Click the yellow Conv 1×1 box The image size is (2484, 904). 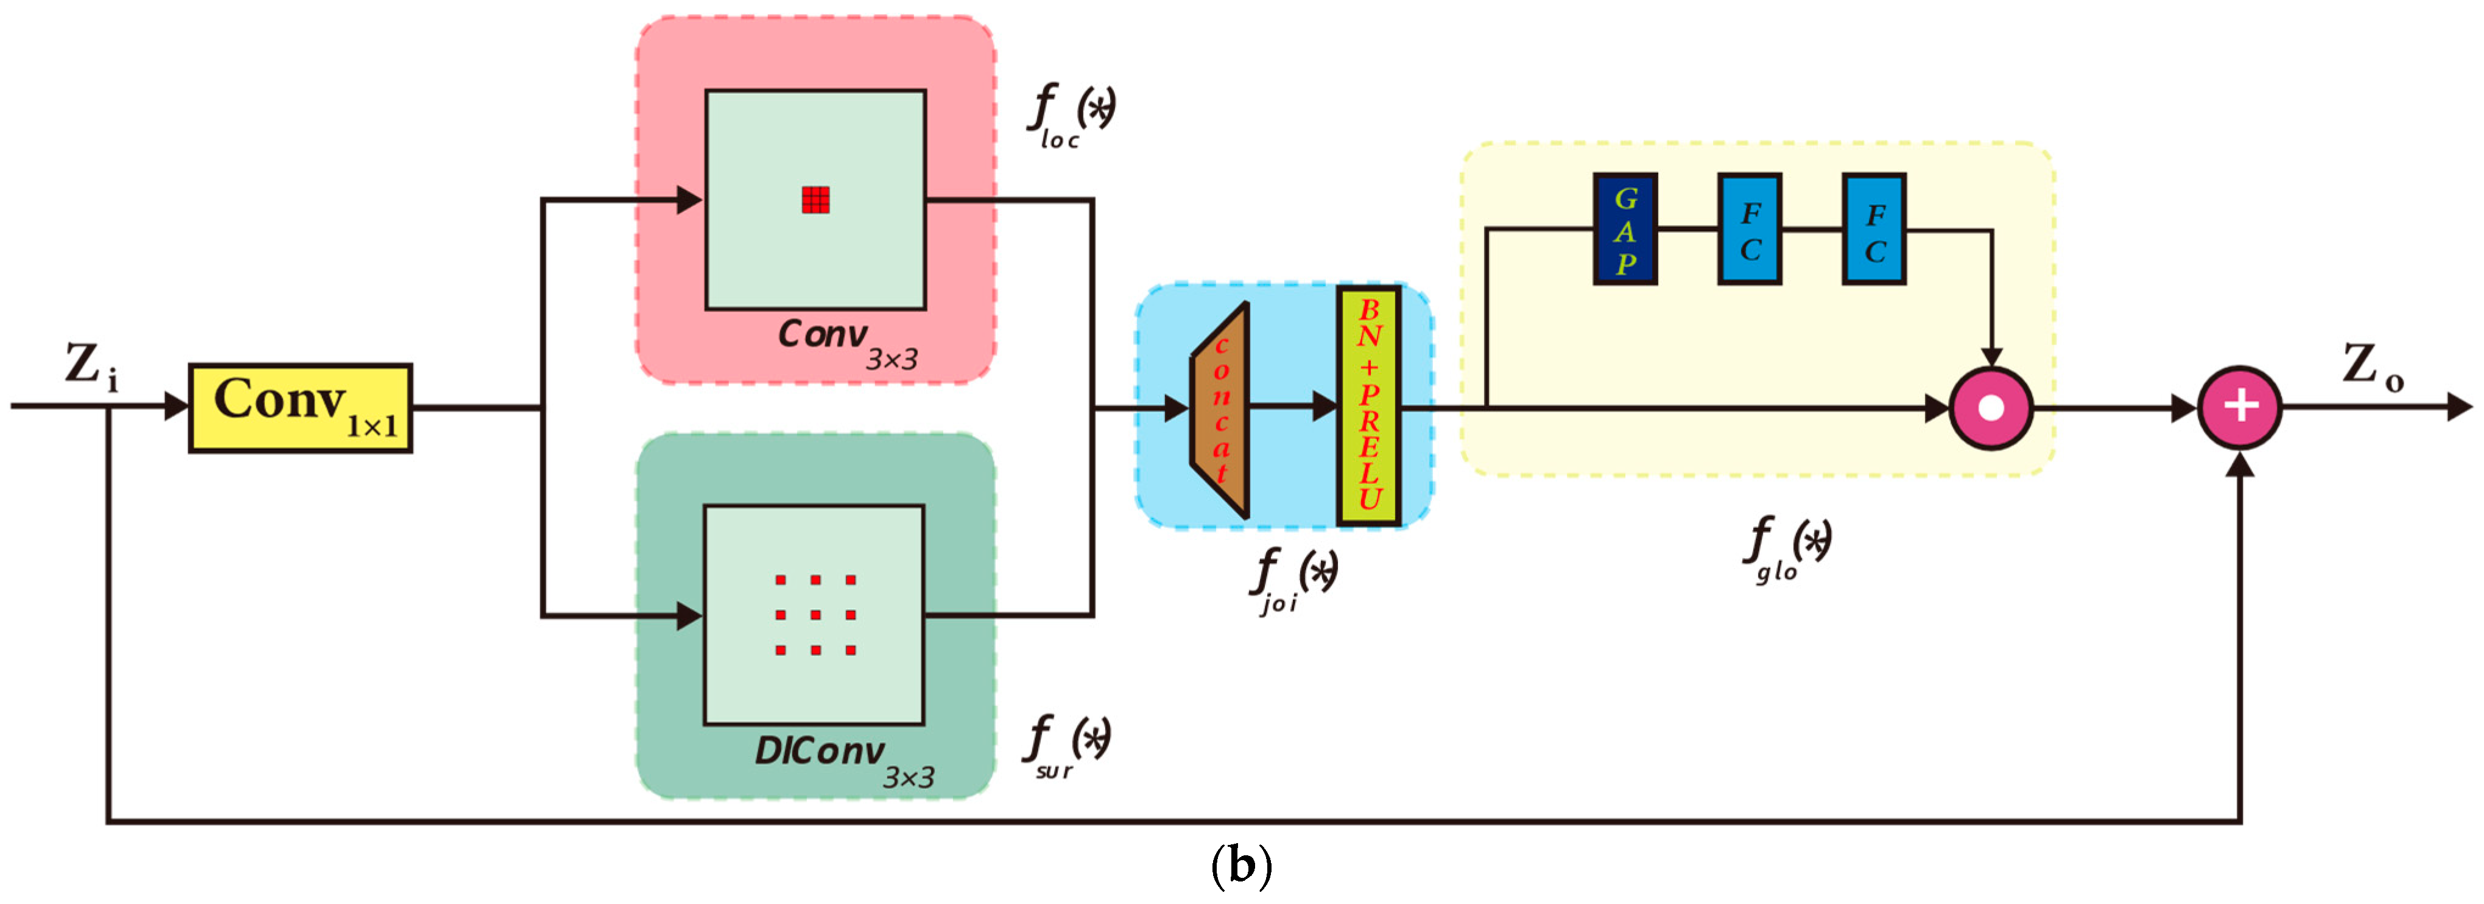click(x=300, y=408)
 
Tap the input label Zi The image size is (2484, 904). click(x=91, y=367)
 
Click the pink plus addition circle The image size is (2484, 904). click(x=2239, y=407)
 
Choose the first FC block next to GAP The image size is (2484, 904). click(x=1749, y=230)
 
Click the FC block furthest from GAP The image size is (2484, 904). click(x=1874, y=230)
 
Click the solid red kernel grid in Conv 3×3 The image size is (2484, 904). click(x=816, y=200)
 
